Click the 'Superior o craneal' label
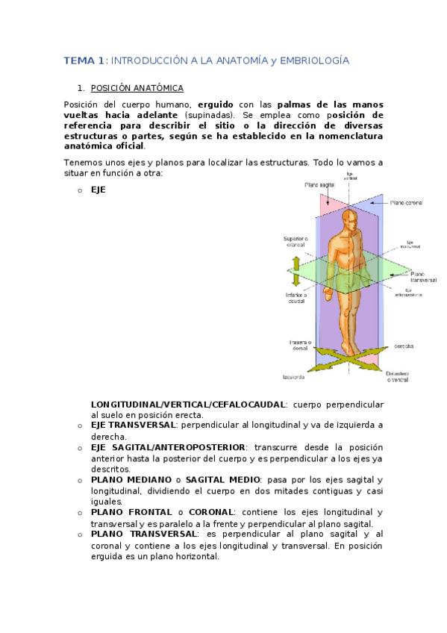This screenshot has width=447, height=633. coord(295,242)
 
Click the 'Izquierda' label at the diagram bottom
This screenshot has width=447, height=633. coord(293,377)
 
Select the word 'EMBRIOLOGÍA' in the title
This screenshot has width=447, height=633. coord(312,60)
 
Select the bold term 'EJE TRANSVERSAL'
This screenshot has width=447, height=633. coord(133,425)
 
